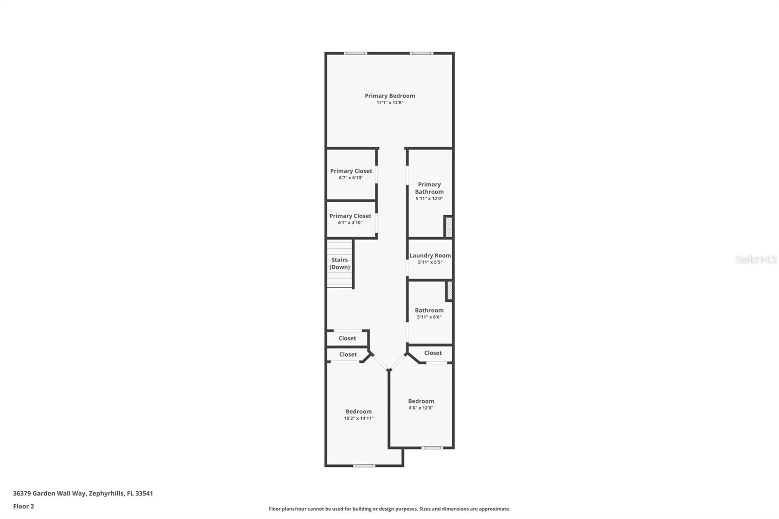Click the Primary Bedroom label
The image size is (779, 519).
(389, 96)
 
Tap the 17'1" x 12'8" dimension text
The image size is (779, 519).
(389, 103)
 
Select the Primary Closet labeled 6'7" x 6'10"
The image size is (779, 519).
(351, 174)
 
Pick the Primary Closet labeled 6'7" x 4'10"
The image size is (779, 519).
(350, 219)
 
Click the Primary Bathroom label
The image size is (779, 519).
(429, 188)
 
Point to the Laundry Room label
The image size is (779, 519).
(430, 256)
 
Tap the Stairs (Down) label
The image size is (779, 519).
(339, 263)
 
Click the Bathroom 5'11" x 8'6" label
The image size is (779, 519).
(429, 313)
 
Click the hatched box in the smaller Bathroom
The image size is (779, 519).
(449, 291)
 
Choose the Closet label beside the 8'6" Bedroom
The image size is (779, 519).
(433, 353)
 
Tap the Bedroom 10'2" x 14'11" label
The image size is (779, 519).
(358, 414)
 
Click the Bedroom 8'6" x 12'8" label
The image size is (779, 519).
(421, 404)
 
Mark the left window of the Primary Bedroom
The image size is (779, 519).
(355, 53)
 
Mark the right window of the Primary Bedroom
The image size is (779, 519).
(421, 53)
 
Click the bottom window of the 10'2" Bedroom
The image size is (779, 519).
(364, 465)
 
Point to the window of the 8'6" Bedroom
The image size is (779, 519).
(432, 447)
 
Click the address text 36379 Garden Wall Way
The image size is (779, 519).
(83, 493)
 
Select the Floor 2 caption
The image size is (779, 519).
(23, 506)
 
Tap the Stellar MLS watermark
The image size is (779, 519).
(756, 259)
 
